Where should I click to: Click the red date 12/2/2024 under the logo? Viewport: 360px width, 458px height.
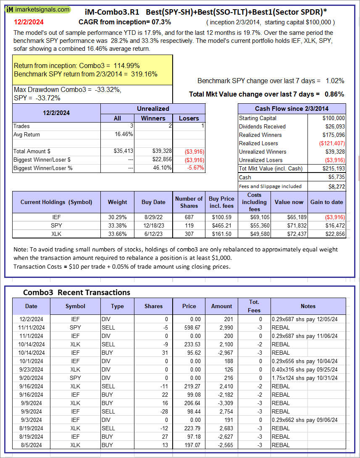28,21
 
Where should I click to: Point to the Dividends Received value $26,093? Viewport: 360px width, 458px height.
334,126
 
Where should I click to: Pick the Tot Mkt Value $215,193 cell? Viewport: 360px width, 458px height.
332,168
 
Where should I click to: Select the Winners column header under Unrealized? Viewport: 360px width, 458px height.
153,118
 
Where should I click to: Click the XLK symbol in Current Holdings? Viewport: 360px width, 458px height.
56,234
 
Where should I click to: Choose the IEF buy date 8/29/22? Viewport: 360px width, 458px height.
153,217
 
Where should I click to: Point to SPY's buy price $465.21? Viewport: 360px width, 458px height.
221,225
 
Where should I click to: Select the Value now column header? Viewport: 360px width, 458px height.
289,202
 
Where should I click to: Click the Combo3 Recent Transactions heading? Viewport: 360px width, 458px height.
76,293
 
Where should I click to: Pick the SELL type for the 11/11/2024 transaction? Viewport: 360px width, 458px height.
108,327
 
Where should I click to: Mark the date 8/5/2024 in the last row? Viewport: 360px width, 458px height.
31,445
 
